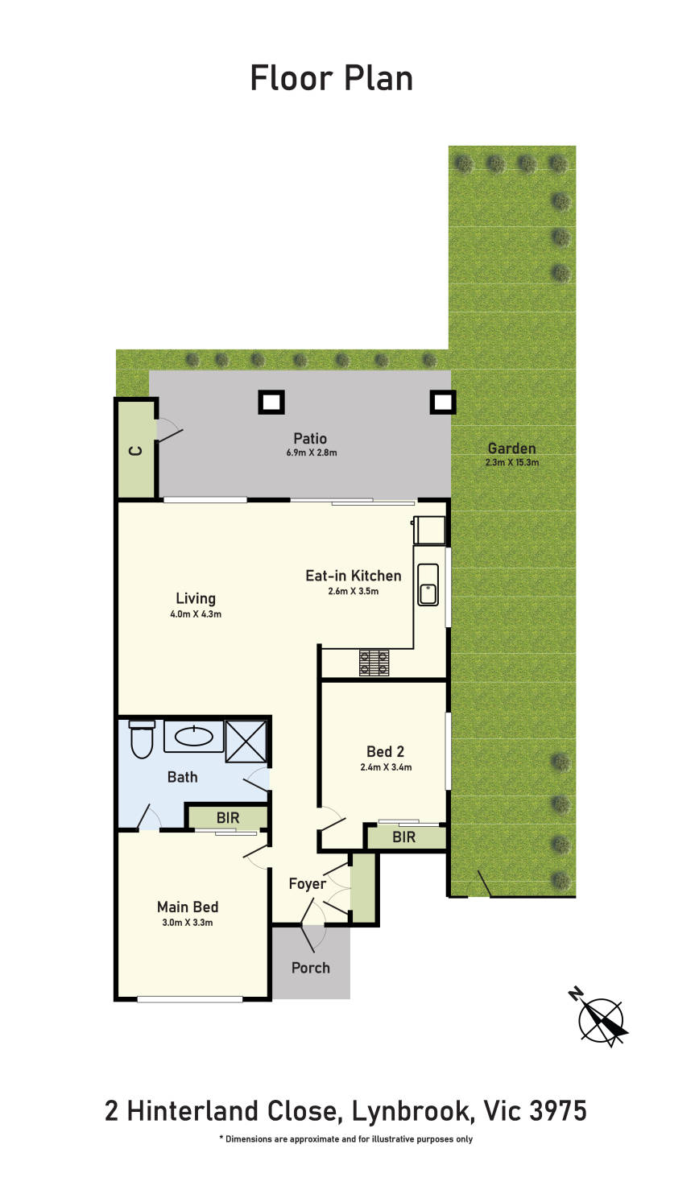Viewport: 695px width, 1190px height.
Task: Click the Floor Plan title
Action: tap(332, 78)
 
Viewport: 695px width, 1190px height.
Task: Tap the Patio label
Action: tap(310, 438)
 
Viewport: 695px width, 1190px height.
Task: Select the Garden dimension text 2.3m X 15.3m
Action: tap(512, 462)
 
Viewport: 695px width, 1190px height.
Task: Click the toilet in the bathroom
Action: tap(142, 739)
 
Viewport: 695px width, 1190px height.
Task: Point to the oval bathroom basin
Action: tap(194, 737)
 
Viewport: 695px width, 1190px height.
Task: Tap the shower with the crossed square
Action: tap(246, 741)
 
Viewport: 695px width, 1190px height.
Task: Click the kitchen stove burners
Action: tap(374, 663)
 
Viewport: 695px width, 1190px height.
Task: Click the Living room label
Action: tap(196, 598)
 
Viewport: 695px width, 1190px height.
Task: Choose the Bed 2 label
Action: tap(385, 751)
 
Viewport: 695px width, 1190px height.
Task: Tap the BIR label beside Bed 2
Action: tap(403, 837)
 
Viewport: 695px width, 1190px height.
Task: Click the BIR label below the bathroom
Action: tap(228, 817)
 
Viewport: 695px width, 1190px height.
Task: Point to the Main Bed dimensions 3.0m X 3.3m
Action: tap(188, 922)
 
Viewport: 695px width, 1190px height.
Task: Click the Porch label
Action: tap(311, 968)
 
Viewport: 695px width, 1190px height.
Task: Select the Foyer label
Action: tap(307, 883)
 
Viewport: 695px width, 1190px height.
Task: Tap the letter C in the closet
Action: tap(136, 452)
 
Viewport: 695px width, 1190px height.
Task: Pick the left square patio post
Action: tap(271, 402)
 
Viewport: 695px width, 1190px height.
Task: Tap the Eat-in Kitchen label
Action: tap(354, 576)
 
